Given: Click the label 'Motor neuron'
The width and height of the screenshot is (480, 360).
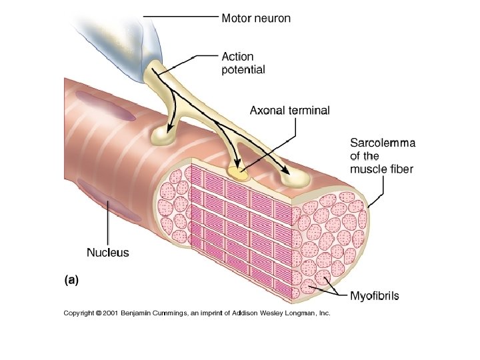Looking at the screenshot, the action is (x=256, y=18).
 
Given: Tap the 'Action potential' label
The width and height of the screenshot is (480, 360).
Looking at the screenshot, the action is (x=243, y=63).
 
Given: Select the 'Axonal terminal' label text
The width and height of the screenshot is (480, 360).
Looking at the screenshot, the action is (x=289, y=111).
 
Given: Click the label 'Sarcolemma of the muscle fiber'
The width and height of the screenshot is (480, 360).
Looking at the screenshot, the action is (x=383, y=155).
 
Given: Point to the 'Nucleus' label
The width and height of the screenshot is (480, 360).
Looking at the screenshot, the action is (x=108, y=253).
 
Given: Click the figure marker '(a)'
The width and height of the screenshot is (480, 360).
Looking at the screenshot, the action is (x=71, y=281).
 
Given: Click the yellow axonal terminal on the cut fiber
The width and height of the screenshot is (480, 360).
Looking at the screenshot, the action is (x=239, y=173).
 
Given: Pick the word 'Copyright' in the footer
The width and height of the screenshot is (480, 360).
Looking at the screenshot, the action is (x=79, y=312).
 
